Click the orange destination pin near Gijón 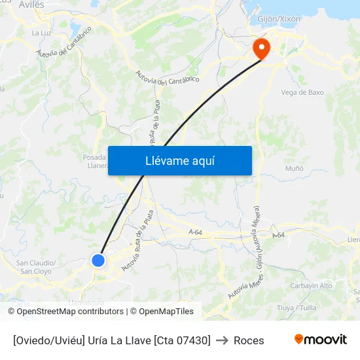[x=261, y=48]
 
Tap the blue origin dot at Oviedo [x=98, y=261]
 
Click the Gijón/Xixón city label [x=279, y=19]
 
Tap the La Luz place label [x=41, y=32]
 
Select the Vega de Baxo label [x=302, y=92]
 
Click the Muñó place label [x=295, y=168]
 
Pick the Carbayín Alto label [x=311, y=285]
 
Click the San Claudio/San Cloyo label [x=36, y=267]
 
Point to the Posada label [x=94, y=157]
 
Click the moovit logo [x=320, y=340]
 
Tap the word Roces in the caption [x=249, y=340]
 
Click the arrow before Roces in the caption [x=222, y=340]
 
